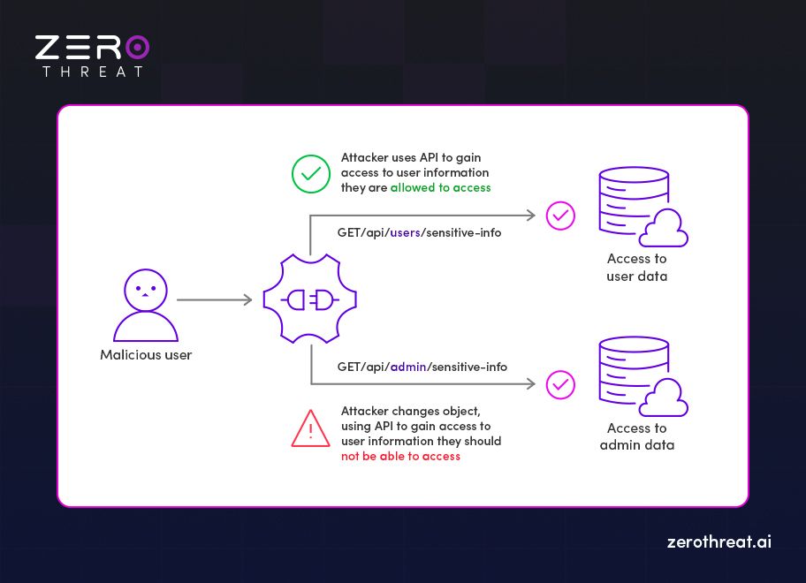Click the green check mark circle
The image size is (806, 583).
311,174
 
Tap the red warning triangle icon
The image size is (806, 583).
311,430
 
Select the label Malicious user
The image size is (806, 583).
146,355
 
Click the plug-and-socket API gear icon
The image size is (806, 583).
310,300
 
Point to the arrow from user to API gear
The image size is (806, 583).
214,300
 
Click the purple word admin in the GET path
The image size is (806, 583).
408,367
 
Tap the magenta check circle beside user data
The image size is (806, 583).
560,216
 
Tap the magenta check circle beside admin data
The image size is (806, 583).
560,384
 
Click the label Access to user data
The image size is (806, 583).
636,268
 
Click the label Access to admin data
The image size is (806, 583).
636,436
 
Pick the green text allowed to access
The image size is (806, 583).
440,188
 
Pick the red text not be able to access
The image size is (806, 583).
400,456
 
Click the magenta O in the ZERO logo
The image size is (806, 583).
136,47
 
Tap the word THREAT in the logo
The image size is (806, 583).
93,72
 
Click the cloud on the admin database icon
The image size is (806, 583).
664,402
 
